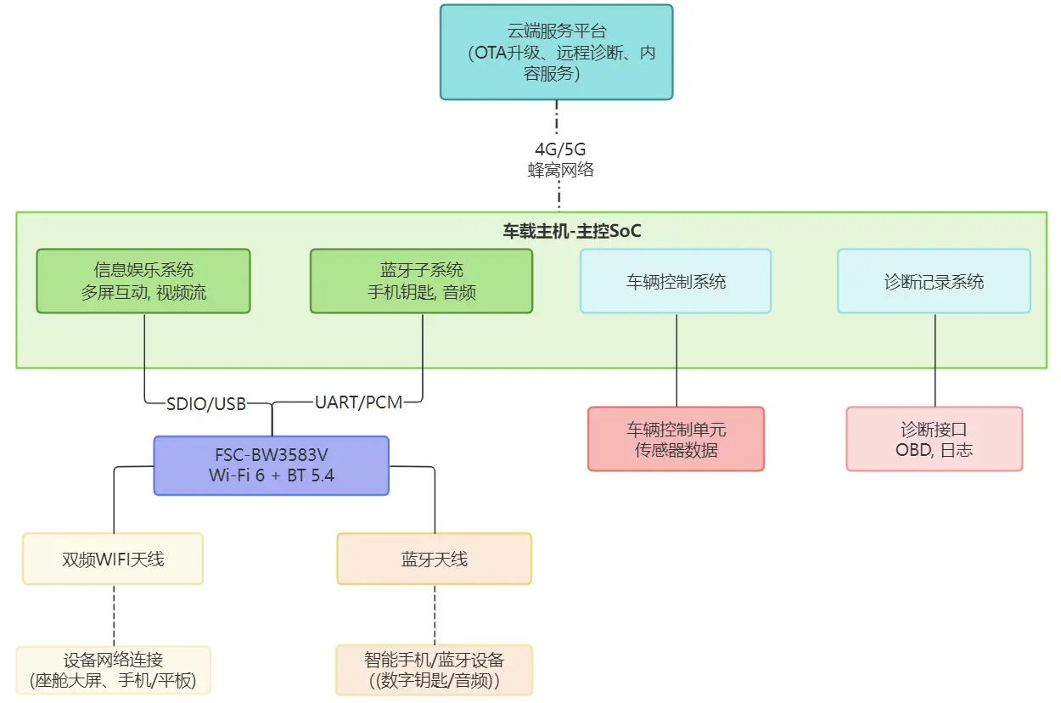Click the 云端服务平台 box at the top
[x=556, y=53]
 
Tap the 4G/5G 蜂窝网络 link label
[x=560, y=160]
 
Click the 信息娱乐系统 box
[x=143, y=281]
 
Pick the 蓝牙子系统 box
[x=421, y=281]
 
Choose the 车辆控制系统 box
[x=676, y=281]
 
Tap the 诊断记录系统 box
[x=934, y=281]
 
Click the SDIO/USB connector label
[x=206, y=403]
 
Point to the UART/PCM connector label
[x=358, y=402]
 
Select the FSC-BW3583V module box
[x=272, y=465]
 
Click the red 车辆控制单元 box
[x=676, y=439]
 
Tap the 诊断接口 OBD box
[x=934, y=439]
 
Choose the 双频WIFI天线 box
[x=113, y=559]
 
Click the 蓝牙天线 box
[x=434, y=559]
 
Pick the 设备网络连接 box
[x=113, y=670]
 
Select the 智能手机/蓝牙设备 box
[x=434, y=670]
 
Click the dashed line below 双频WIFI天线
[x=114, y=615]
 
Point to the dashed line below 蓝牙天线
[x=435, y=615]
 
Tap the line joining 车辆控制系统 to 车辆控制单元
[x=676, y=360]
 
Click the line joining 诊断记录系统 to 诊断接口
[x=935, y=360]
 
